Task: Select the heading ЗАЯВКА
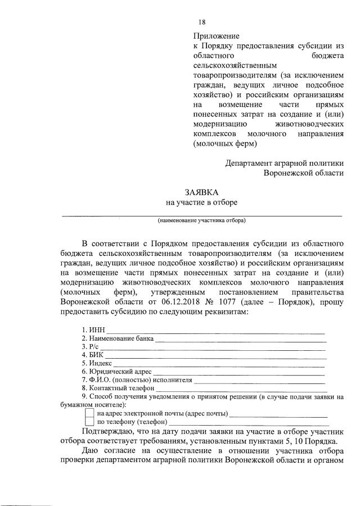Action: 201,192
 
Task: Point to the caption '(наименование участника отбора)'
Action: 201,220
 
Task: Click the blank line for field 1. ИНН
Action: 216,331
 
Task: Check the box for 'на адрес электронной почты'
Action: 89,413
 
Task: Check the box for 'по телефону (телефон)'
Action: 89,422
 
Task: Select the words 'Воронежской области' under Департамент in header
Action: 304,173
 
